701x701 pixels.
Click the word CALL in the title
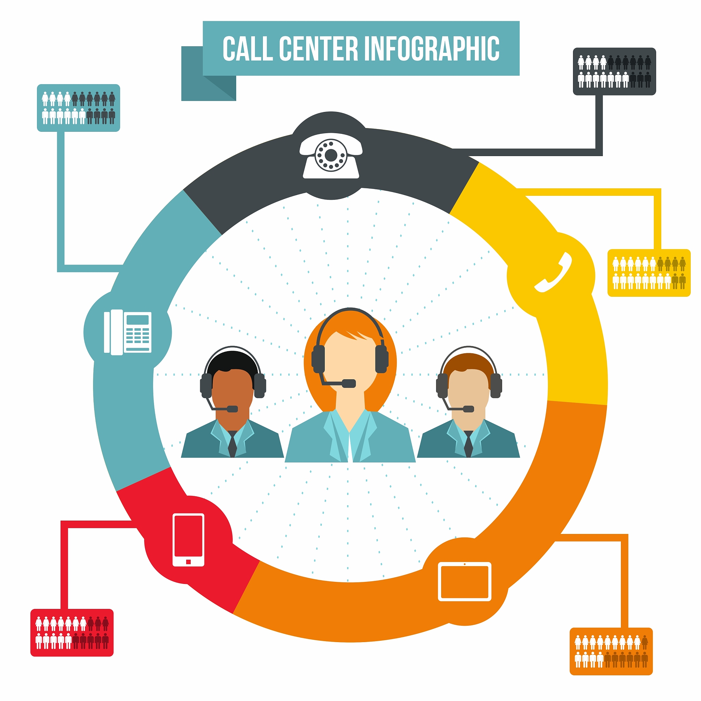247,48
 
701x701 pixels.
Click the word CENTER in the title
319,48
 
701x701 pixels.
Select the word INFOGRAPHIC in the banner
431,48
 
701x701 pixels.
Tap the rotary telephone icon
331,156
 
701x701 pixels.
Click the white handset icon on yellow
553,272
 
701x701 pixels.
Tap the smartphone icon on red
188,539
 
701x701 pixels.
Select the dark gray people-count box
614,72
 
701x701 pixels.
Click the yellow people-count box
649,273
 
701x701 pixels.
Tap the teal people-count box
78,108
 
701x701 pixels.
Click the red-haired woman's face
350,365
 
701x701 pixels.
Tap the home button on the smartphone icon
188,562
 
